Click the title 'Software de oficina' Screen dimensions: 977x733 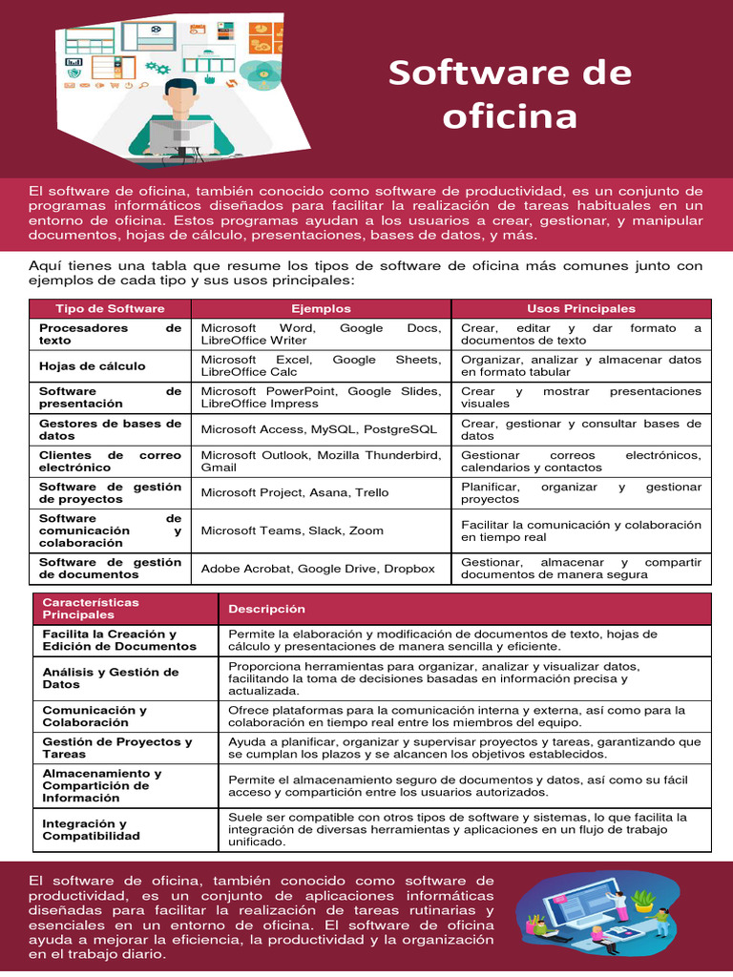click(510, 94)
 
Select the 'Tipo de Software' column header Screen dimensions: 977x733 click(110, 308)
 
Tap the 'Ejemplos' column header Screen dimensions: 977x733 click(321, 308)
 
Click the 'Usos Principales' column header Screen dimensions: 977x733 click(580, 308)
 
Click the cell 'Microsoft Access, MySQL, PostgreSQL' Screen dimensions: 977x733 click(319, 429)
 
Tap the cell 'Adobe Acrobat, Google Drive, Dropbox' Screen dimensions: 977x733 click(318, 569)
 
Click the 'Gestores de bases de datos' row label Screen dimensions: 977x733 click(110, 429)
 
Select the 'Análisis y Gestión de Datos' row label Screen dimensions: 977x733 click(111, 678)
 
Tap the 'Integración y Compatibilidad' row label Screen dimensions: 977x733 click(92, 829)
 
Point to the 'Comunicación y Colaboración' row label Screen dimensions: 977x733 click(94, 716)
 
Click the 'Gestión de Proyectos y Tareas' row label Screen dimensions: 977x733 click(117, 747)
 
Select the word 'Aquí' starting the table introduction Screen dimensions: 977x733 click(44, 264)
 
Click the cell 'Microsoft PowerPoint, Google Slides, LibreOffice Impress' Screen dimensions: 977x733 click(321, 397)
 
